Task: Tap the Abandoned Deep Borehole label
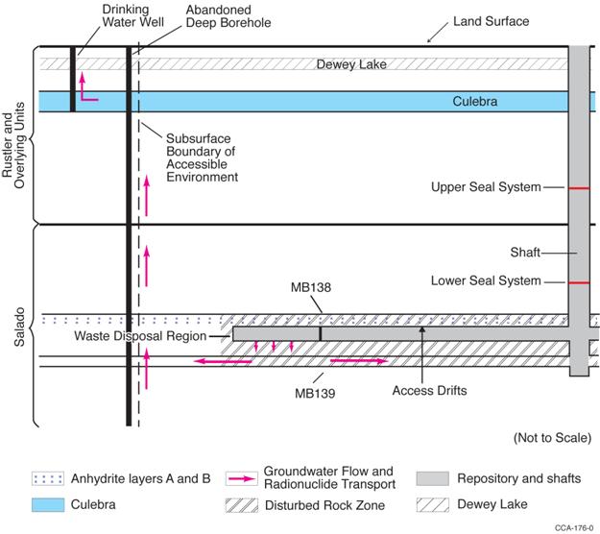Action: point(219,15)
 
